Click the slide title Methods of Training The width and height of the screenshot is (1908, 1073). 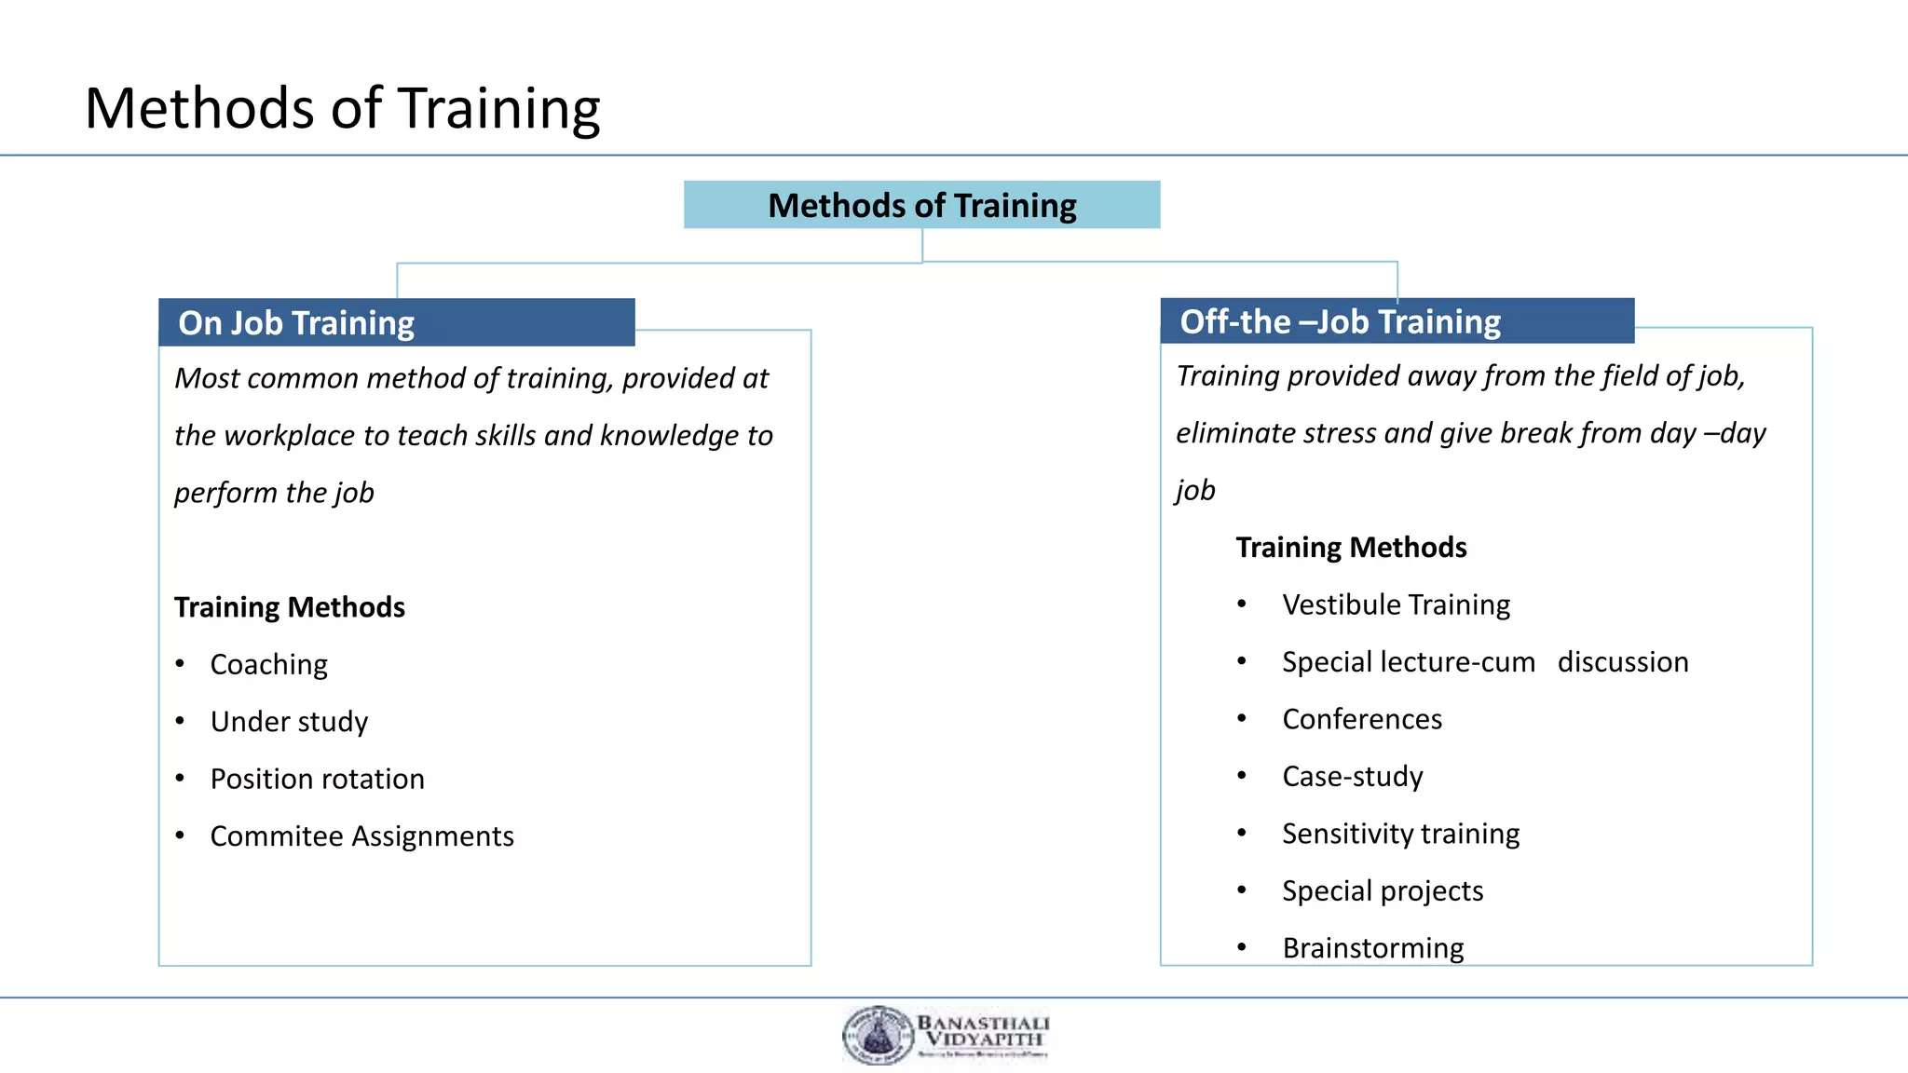click(342, 108)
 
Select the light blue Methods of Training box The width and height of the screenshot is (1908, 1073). click(921, 205)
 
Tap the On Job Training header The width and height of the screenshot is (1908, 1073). click(296, 323)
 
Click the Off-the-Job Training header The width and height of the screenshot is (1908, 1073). click(1340, 321)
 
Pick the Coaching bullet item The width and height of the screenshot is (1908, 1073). click(268, 665)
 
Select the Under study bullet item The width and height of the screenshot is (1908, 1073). click(289, 722)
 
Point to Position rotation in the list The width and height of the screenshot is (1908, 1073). click(317, 779)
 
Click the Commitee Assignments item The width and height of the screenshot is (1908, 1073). click(361, 836)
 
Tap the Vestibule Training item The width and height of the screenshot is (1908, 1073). click(1396, 605)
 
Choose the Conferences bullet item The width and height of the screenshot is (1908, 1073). click(1361, 719)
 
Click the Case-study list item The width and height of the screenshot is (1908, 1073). click(1352, 777)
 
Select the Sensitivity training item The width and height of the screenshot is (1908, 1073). click(1400, 834)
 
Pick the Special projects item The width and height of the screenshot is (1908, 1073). click(1382, 891)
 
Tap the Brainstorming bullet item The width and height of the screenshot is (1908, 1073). click(1372, 948)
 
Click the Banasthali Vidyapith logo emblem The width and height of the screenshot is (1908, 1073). click(876, 1036)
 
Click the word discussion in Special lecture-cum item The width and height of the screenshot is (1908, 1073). click(1622, 662)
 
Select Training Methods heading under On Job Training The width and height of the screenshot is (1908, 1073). click(289, 607)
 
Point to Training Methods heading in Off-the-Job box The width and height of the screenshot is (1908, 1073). click(1350, 548)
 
